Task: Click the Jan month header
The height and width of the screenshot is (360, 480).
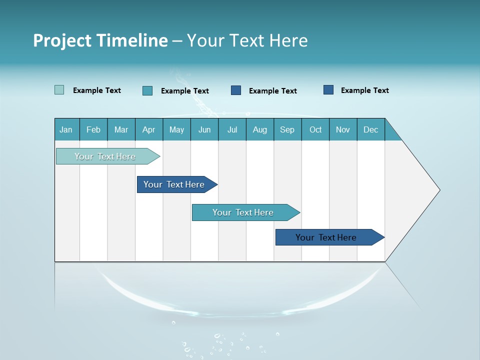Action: (x=66, y=129)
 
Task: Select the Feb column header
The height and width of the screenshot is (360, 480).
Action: (x=93, y=129)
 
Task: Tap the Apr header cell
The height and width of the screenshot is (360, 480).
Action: (x=149, y=129)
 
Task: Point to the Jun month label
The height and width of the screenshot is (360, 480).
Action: (x=204, y=129)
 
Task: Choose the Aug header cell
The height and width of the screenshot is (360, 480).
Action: (x=260, y=129)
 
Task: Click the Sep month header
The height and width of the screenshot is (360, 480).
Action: (x=287, y=129)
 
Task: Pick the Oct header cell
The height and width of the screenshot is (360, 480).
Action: (x=315, y=129)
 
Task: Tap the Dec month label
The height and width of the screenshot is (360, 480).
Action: (x=371, y=129)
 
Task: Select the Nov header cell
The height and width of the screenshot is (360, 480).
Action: (x=343, y=129)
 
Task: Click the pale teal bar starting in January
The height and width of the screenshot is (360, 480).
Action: (x=105, y=156)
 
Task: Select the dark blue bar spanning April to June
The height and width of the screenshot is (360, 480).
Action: (x=174, y=184)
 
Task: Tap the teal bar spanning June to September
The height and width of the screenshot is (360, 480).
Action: (x=243, y=212)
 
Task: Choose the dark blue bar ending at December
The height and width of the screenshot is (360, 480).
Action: (x=326, y=237)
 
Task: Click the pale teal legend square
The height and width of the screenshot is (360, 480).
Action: (x=59, y=90)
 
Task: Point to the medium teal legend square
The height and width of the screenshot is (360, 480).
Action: (x=147, y=90)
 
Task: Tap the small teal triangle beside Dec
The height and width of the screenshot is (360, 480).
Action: (x=391, y=134)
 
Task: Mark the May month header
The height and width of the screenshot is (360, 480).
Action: (x=176, y=129)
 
